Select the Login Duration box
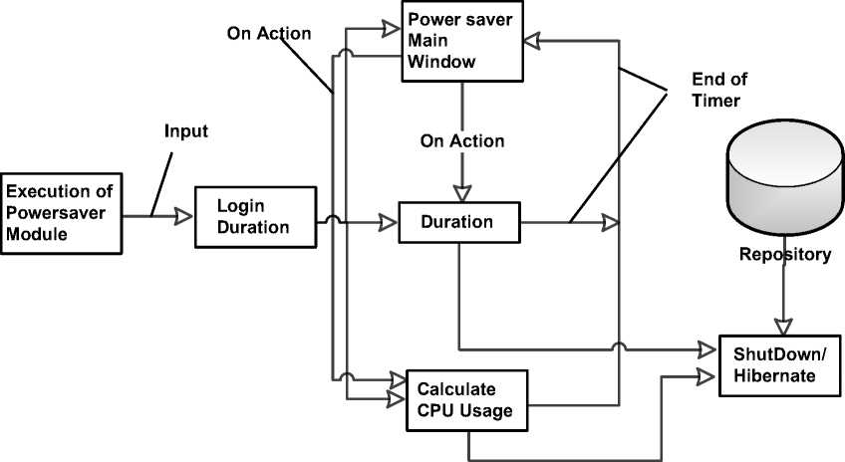pos(254,215)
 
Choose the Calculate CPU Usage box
pos(464,399)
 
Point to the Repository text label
pos(784,254)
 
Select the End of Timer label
pos(719,91)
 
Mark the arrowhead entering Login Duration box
pos(183,214)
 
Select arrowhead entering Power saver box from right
pos(533,40)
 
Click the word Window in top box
pos(444,62)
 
